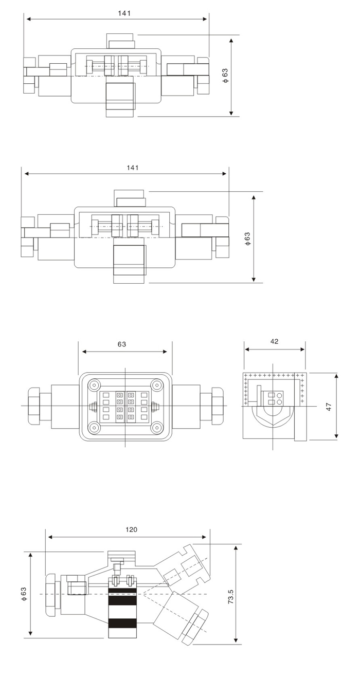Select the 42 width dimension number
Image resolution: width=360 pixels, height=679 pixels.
274,341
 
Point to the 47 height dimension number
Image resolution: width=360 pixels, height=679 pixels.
329,407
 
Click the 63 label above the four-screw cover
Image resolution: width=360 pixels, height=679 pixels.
121,344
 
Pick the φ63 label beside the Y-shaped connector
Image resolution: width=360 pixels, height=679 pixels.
24,594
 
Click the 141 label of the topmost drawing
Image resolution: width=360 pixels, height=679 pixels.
124,13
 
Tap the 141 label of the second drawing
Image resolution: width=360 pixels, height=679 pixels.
133,168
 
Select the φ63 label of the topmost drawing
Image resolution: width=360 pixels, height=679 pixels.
225,76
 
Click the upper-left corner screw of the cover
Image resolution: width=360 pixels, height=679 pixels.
94,386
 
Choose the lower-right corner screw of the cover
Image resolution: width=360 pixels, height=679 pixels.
157,428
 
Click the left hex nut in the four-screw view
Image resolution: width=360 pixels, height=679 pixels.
33,406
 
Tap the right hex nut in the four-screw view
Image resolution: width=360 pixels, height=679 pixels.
217,406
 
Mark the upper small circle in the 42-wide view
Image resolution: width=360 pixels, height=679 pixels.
280,395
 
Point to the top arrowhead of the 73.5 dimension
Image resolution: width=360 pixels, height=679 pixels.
236,548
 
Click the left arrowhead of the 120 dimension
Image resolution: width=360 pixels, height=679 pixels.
51,537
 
